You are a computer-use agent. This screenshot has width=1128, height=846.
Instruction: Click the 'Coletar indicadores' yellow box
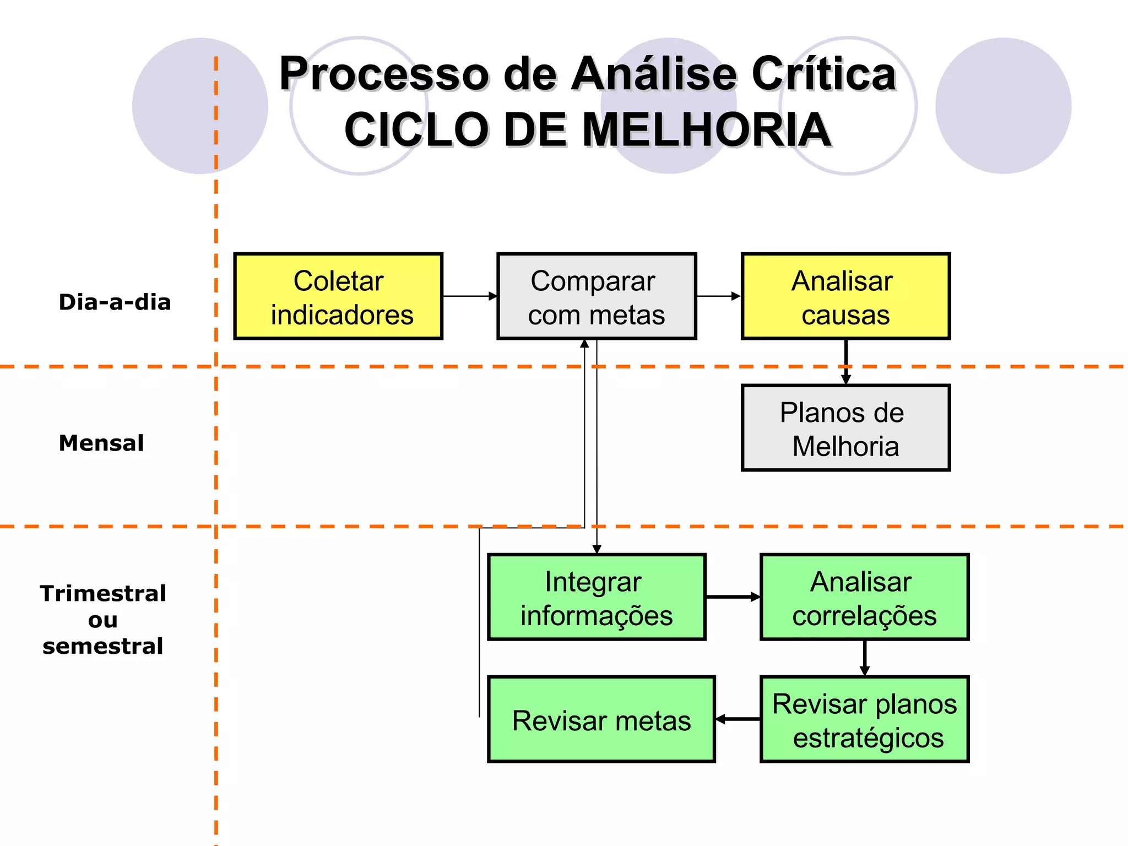click(338, 296)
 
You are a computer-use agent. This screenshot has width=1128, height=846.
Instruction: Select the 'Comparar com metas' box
click(596, 296)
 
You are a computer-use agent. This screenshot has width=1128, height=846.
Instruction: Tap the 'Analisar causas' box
click(845, 296)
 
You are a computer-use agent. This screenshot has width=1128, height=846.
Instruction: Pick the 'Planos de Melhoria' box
click(845, 428)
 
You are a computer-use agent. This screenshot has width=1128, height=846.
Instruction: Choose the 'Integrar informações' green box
click(596, 597)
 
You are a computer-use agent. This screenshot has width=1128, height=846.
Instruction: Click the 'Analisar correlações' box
click(864, 597)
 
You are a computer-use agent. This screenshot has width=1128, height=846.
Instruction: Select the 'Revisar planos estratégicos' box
click(864, 719)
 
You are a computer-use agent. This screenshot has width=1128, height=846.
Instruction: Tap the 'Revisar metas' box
click(601, 719)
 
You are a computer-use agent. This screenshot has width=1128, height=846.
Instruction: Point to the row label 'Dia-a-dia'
click(115, 302)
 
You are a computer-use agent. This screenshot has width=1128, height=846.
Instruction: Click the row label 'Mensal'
click(101, 443)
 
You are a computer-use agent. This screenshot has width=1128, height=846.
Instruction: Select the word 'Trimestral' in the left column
click(103, 594)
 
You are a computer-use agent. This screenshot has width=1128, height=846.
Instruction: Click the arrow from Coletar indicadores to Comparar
click(470, 296)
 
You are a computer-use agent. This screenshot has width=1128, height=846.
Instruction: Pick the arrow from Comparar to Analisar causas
click(719, 296)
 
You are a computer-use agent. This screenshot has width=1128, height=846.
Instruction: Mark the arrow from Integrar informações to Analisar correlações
click(733, 597)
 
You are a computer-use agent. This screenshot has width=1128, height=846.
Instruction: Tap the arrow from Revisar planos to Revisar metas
click(737, 719)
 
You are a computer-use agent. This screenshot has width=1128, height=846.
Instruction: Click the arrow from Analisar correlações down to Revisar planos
click(865, 658)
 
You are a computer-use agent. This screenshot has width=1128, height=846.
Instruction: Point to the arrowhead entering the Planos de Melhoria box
click(846, 379)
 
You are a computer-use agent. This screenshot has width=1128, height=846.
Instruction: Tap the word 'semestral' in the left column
click(103, 646)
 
